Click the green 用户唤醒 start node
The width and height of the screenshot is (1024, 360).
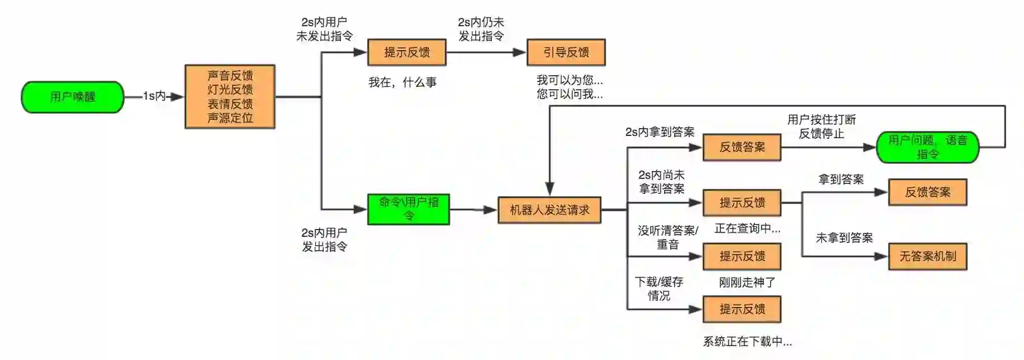coord(72,97)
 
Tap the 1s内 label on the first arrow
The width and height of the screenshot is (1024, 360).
coord(154,96)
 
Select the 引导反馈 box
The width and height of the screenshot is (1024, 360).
coord(566,52)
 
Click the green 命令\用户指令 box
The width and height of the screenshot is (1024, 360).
coord(408,209)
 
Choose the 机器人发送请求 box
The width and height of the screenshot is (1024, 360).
coord(549,210)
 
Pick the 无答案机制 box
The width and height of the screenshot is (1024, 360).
coord(927,256)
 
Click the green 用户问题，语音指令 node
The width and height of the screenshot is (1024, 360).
coord(927,147)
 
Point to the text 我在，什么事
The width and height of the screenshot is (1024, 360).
coord(402,82)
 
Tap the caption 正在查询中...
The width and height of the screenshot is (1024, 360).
coord(747,228)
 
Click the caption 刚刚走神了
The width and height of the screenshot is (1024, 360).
coord(747,283)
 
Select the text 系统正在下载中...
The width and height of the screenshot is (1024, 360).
coord(747,342)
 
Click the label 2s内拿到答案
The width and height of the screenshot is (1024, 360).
coord(660,132)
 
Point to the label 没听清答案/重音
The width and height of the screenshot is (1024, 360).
coord(667,237)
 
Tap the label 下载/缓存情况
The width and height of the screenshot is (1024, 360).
coord(659,289)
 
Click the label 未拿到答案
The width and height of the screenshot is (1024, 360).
coord(844,238)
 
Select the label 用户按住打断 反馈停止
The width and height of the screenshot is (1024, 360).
coord(821,127)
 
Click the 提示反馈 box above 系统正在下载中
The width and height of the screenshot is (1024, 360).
coord(742,309)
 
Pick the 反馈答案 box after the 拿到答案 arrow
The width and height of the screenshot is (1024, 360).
coord(927,192)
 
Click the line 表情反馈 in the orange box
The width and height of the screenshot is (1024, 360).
coord(230,104)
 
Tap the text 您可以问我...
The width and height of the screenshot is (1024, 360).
coord(569,94)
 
